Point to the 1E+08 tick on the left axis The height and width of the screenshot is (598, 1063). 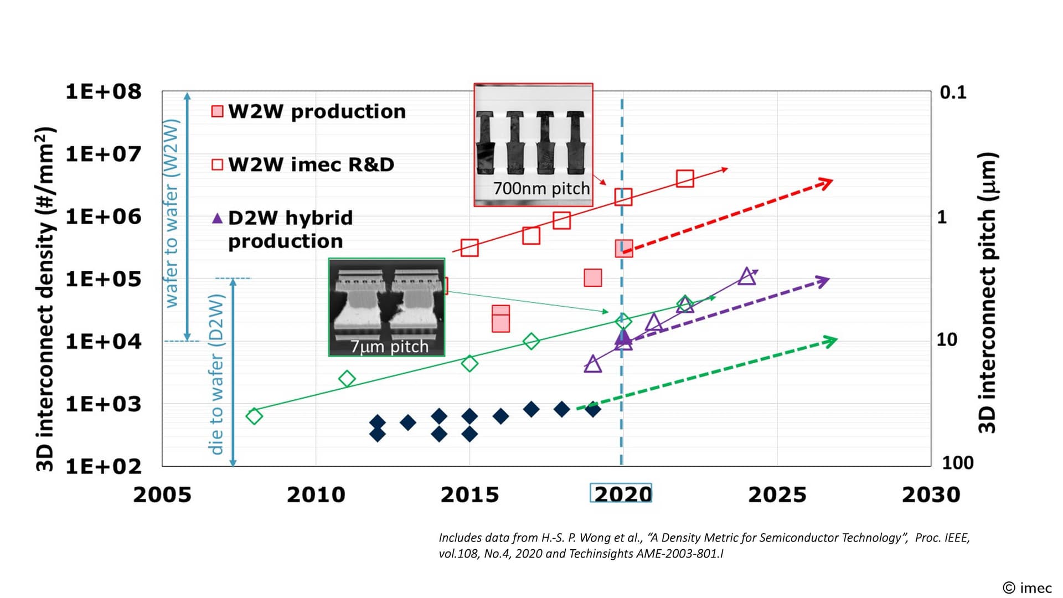tap(104, 91)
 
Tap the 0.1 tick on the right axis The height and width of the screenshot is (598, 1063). tap(953, 92)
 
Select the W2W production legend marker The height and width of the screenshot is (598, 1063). tap(218, 111)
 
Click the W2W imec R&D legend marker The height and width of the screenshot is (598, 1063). tap(218, 164)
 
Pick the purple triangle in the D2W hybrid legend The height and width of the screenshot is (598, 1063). tap(218, 218)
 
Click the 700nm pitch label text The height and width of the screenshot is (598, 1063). tap(541, 188)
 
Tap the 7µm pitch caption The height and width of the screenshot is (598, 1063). tap(389, 347)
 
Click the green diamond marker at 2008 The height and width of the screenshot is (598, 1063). tap(254, 416)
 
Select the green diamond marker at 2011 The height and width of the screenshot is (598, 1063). tap(347, 379)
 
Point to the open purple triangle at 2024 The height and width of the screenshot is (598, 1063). tap(747, 276)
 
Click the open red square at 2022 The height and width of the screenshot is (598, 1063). tap(685, 179)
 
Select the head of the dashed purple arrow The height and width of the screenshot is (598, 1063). tap(824, 281)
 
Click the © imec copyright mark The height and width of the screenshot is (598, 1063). tap(1027, 588)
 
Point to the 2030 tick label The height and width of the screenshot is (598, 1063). tap(931, 494)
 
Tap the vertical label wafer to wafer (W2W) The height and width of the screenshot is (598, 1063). tap(172, 213)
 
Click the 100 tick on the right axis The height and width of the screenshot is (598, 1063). tap(957, 462)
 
